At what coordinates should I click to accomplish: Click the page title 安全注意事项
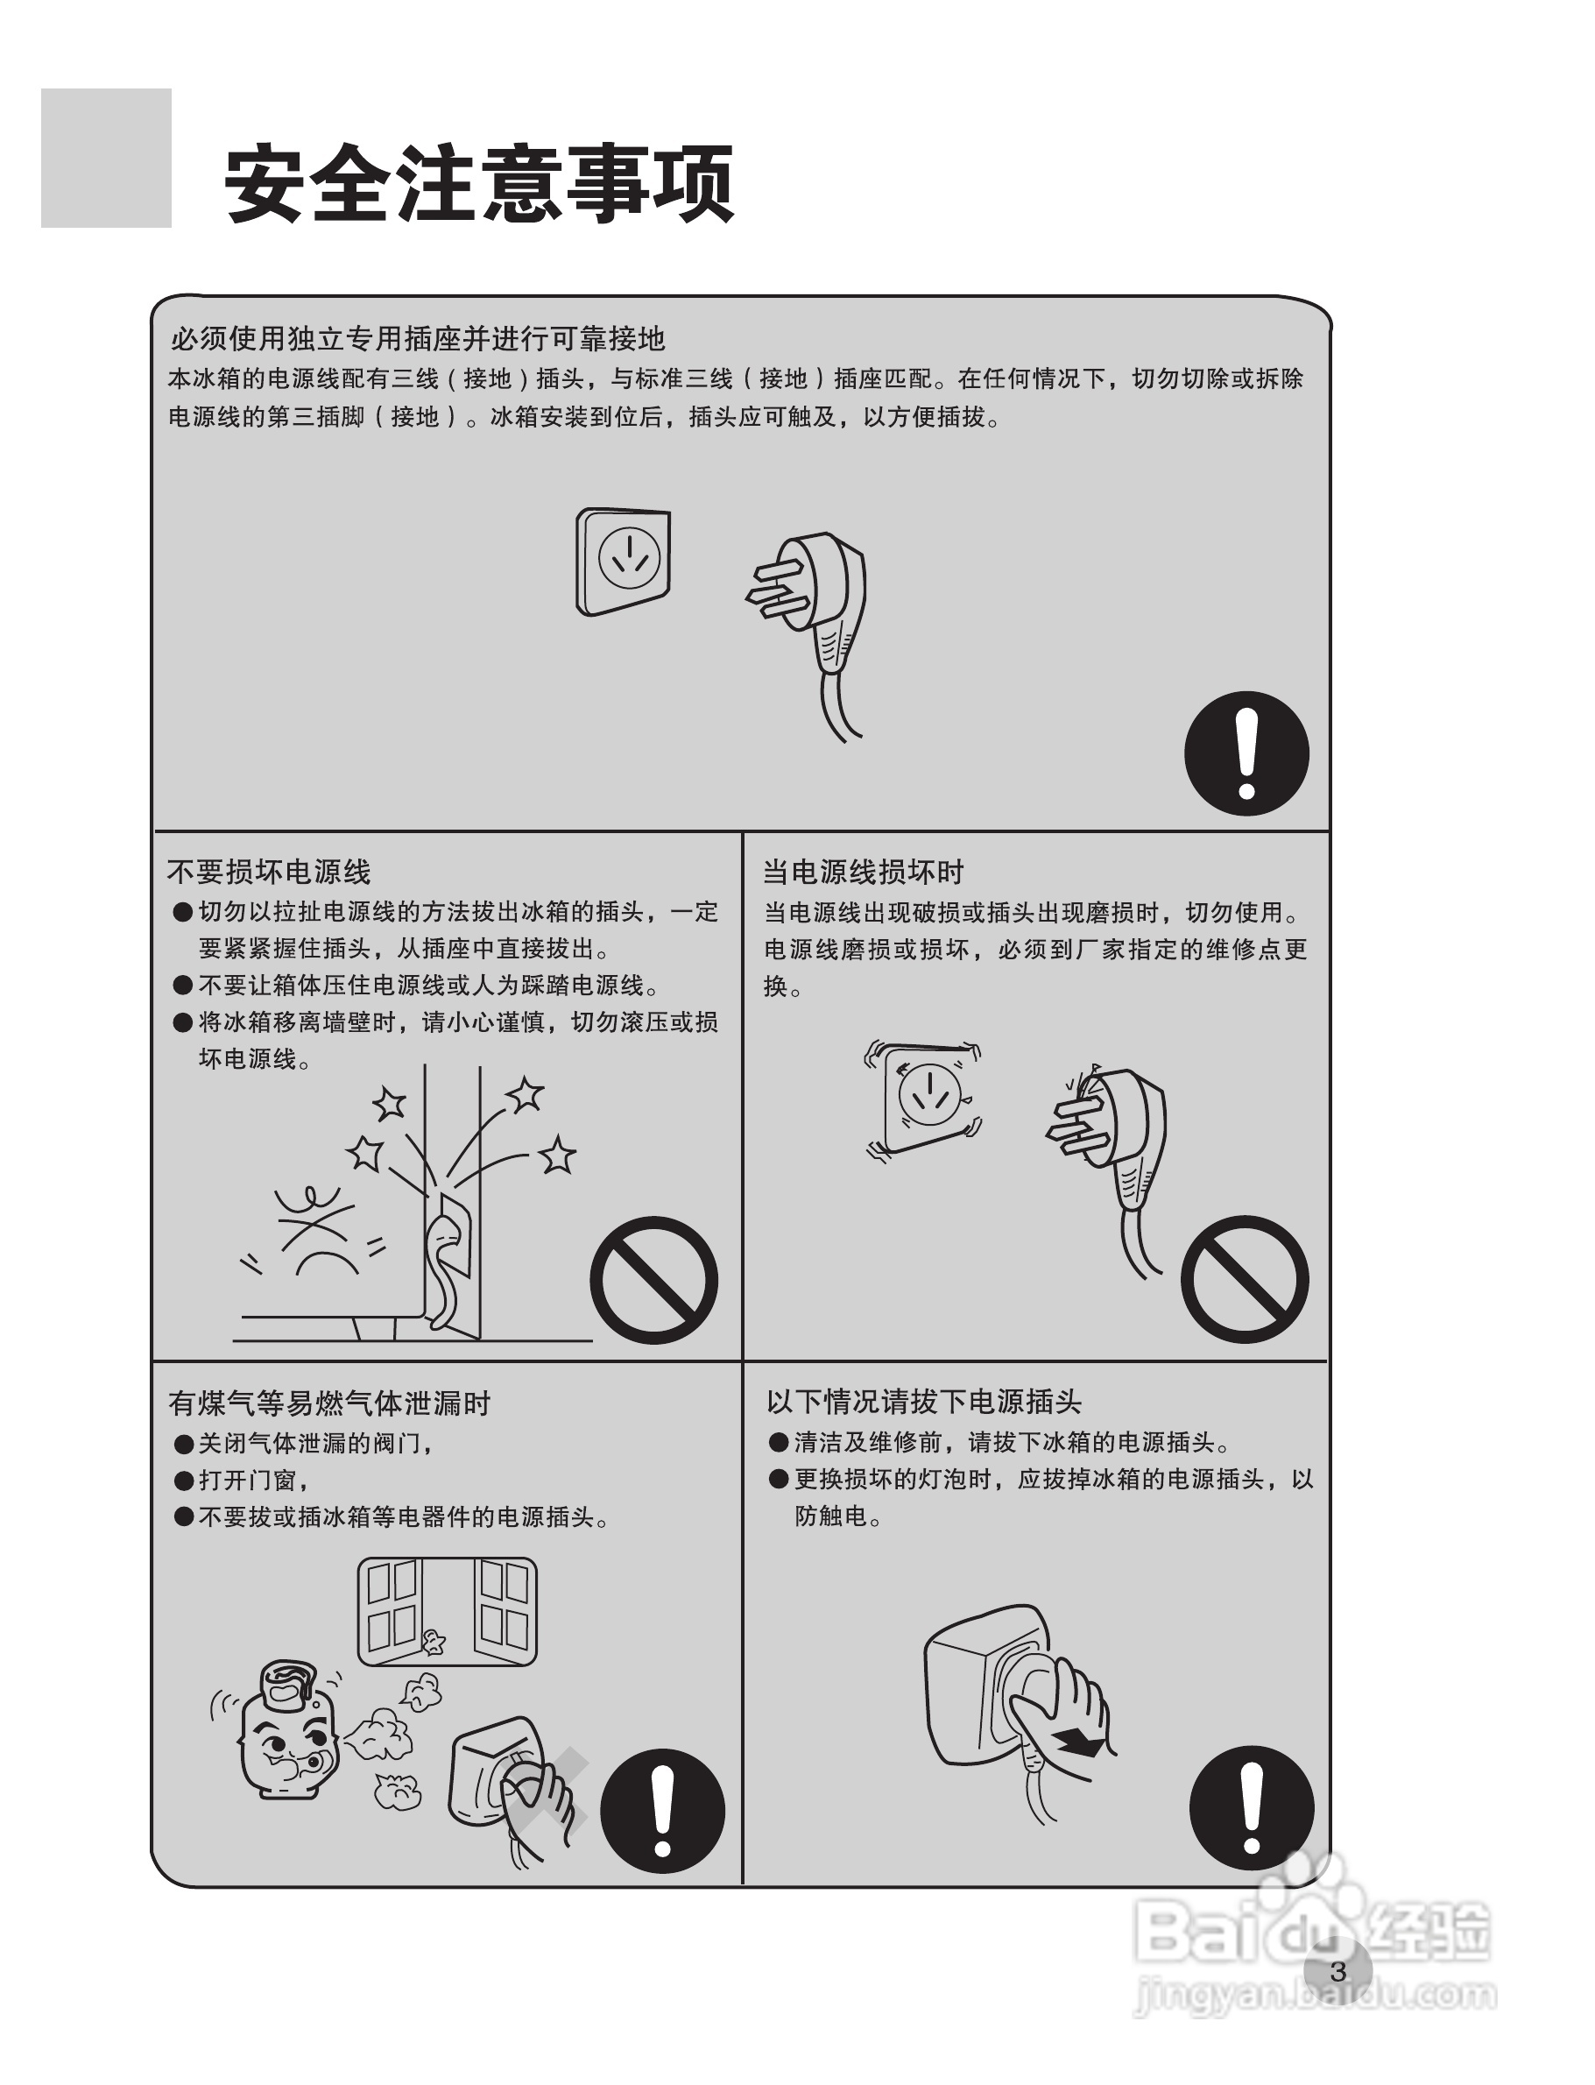tap(478, 182)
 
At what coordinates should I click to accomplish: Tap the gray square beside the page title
tap(106, 158)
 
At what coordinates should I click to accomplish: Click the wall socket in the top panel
tap(624, 562)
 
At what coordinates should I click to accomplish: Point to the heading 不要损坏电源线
tap(269, 872)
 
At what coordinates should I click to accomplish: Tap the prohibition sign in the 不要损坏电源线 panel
tap(654, 1279)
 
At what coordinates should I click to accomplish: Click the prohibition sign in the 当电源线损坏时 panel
tap(1245, 1279)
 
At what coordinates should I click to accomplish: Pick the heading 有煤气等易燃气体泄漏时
tap(328, 1403)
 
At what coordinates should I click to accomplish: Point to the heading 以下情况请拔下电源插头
tap(924, 1402)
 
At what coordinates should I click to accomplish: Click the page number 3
tap(1338, 1972)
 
